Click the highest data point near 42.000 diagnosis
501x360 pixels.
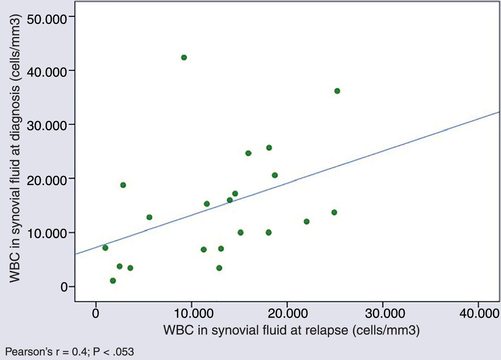184,57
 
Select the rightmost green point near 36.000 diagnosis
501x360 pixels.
337,91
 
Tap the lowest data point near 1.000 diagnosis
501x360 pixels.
113,281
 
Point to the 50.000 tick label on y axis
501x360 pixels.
47,19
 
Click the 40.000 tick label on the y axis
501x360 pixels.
47,72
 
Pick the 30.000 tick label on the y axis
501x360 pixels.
47,126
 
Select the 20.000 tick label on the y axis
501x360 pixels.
47,180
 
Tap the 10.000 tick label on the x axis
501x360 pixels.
191,313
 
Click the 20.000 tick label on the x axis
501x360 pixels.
287,313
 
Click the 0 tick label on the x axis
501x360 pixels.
96,313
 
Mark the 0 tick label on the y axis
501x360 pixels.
64,287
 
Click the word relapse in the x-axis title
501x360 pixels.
327,330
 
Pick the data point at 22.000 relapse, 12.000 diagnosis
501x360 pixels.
306,221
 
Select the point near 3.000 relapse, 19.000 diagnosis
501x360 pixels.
123,185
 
